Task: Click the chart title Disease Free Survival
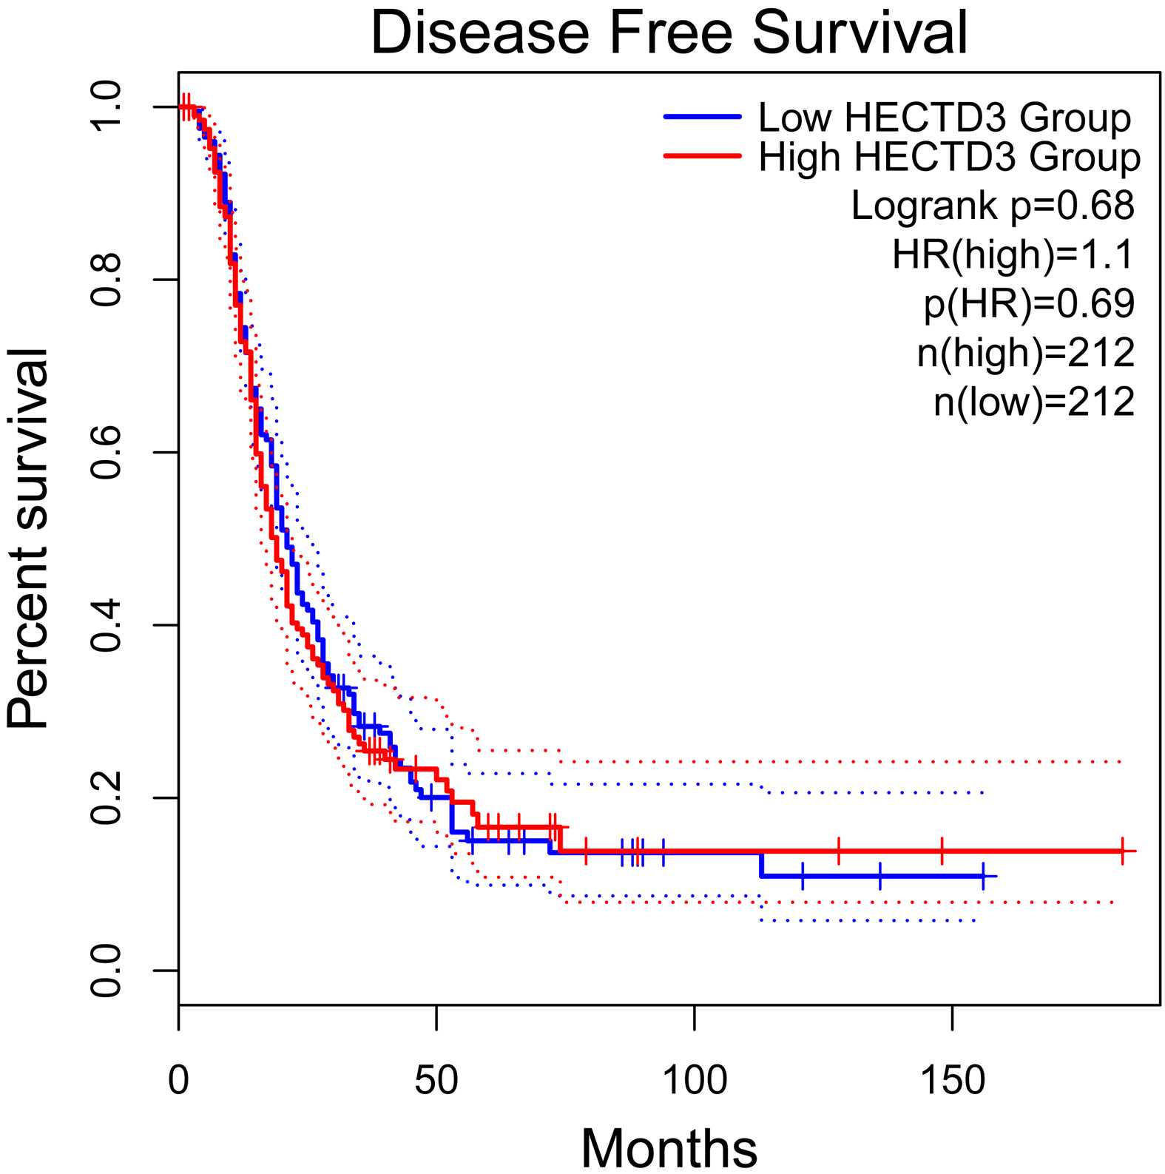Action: click(669, 33)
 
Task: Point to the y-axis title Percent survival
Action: click(27, 539)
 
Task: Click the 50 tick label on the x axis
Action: click(436, 1081)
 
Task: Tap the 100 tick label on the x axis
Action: click(695, 1081)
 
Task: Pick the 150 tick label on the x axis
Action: click(952, 1081)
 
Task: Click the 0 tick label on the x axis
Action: click(178, 1081)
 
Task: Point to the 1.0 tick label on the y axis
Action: click(106, 107)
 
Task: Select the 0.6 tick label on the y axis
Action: click(106, 453)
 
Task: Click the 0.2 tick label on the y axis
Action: click(106, 798)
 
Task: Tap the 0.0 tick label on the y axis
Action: click(106, 971)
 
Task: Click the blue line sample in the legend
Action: click(702, 117)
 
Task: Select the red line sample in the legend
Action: click(702, 156)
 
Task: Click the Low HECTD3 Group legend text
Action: click(945, 118)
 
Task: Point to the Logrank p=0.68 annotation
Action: click(993, 206)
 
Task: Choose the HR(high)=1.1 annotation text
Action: click(1013, 254)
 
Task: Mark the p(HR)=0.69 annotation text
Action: click(1029, 303)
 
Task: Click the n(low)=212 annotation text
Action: click(1034, 402)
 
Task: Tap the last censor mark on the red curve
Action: click(1122, 851)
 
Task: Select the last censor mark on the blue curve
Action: click(983, 876)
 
